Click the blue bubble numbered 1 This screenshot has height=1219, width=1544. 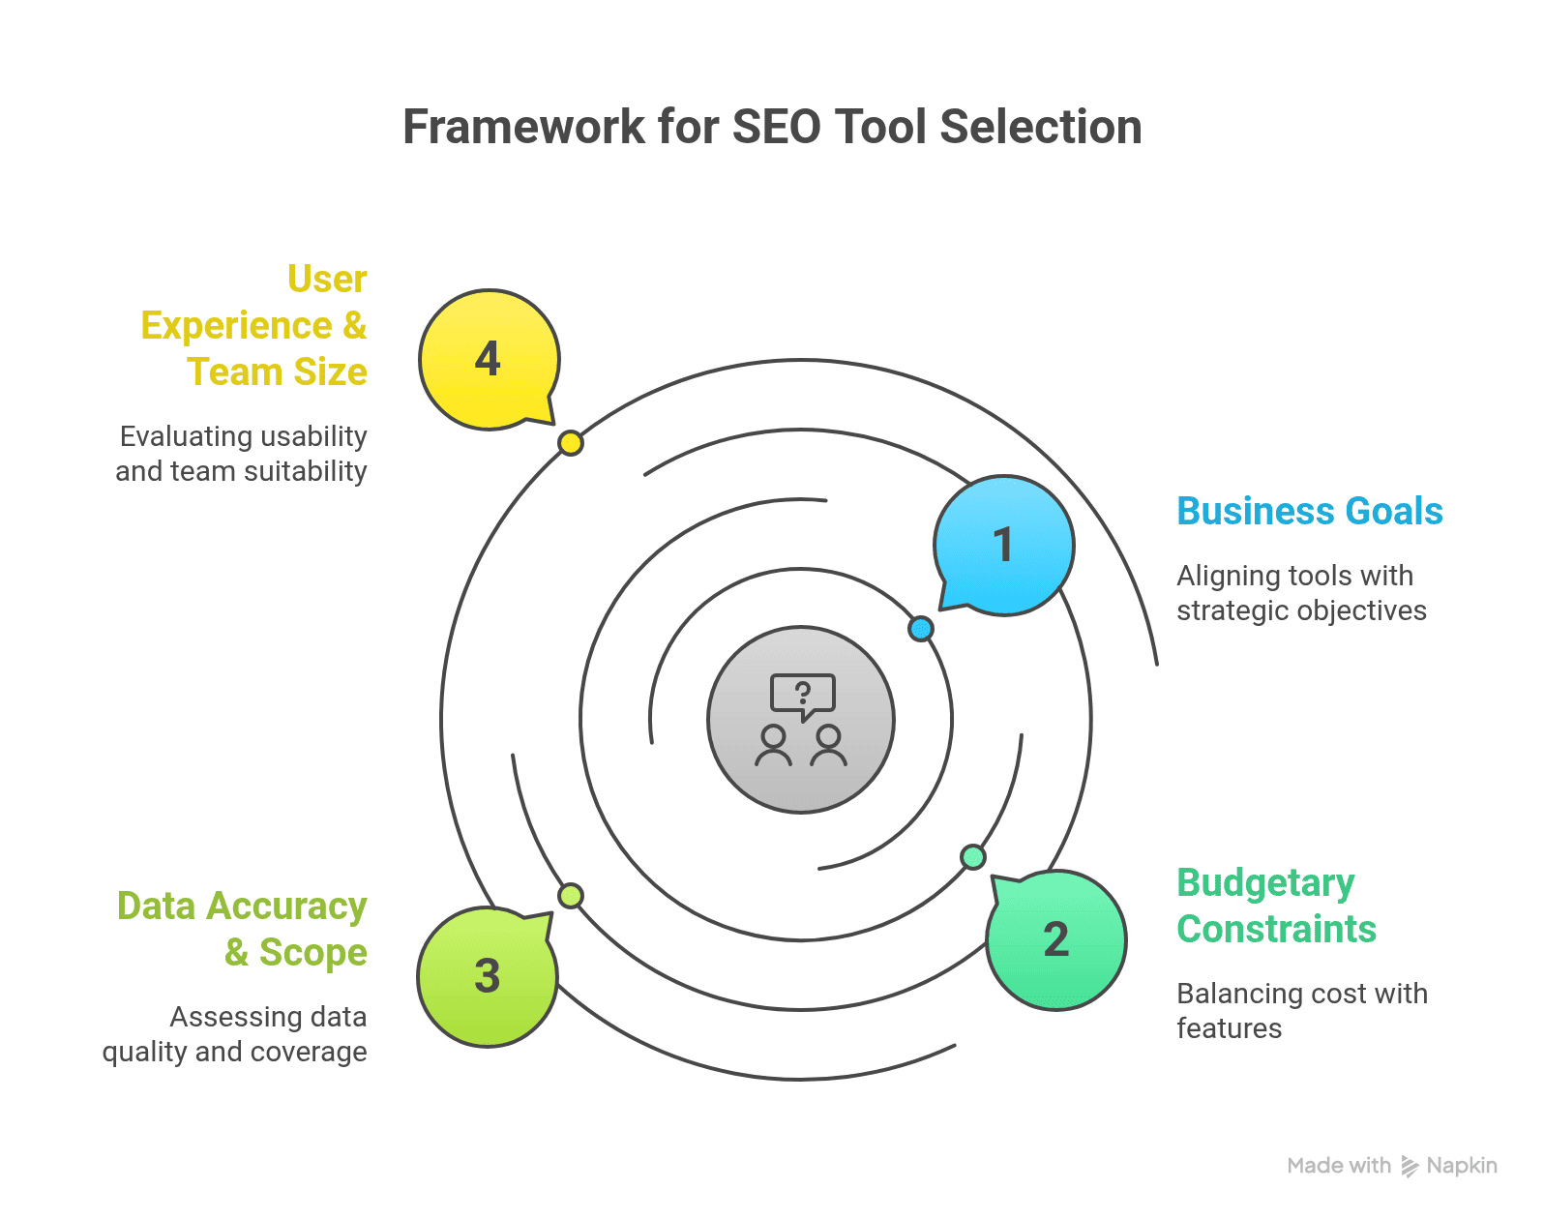point(1004,545)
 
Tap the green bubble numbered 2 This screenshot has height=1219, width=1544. point(1056,939)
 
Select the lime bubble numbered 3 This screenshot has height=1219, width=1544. point(488,976)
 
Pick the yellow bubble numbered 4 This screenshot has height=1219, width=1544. point(489,359)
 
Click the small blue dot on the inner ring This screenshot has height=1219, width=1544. point(921,629)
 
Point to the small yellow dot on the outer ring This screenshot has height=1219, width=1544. point(571,443)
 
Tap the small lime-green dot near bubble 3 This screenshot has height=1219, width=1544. point(571,896)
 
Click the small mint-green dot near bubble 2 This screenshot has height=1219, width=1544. point(973,857)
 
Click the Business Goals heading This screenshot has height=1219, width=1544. point(1309,511)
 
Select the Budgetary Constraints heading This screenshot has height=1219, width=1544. point(1276,906)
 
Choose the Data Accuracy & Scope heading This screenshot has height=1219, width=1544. point(242,929)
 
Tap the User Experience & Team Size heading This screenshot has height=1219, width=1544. point(253,325)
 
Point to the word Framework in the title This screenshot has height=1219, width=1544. point(523,127)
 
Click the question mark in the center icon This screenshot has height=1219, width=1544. point(802,692)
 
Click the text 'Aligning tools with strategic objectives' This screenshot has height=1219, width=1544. point(1301,593)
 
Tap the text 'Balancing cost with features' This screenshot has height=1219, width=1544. point(1301,1011)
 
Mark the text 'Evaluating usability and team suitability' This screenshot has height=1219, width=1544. point(242,454)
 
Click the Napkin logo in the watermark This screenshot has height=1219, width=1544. point(1410,1167)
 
